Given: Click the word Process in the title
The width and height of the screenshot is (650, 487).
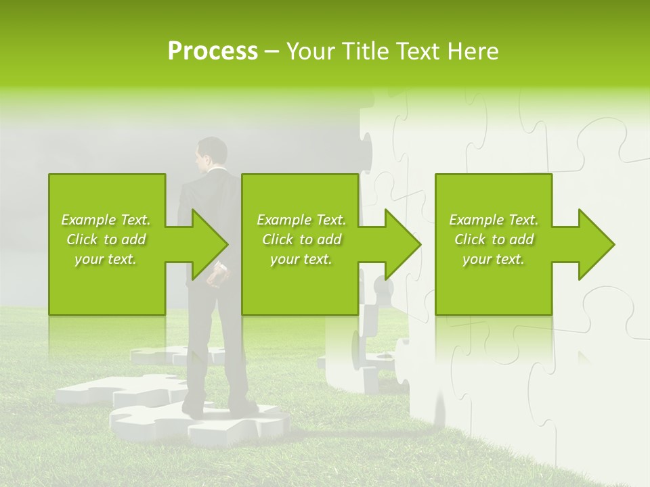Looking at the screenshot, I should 213,51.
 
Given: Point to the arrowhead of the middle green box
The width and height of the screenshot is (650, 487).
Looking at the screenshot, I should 403,244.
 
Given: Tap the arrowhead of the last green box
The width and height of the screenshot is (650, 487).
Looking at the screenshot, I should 597,244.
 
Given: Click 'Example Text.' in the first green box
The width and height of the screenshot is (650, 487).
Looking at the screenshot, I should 106,220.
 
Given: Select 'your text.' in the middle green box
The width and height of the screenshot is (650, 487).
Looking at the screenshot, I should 301,259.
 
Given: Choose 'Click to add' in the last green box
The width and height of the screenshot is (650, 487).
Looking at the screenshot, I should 494,239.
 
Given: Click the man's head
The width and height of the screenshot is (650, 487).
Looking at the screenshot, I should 211,153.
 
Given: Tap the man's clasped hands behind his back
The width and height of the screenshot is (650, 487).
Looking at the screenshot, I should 217,277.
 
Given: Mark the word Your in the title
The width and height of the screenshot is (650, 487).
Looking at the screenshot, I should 309,51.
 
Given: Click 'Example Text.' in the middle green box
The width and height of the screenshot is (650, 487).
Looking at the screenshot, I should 301,220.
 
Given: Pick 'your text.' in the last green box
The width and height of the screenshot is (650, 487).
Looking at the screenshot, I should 494,259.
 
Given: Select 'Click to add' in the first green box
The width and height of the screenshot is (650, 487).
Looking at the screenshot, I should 106,239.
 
